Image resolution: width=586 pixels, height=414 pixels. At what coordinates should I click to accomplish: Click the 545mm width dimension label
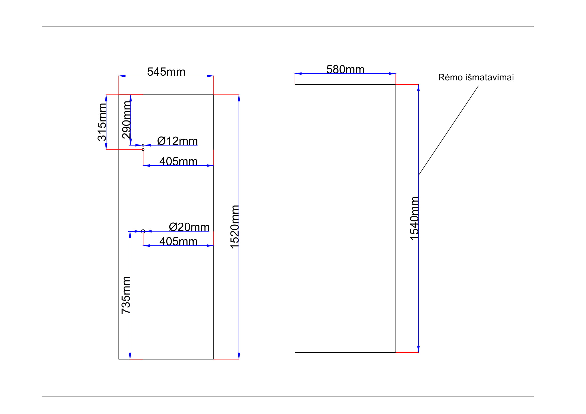tap(166, 72)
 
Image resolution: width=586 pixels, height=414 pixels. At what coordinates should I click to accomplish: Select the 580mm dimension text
tap(345, 69)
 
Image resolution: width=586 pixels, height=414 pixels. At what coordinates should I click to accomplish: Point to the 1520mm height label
tap(235, 227)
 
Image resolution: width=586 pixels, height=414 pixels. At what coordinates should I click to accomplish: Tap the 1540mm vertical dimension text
tap(414, 218)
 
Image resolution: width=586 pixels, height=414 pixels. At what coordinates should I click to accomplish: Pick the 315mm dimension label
tap(102, 122)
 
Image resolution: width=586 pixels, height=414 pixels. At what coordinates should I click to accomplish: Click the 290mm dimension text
tap(126, 120)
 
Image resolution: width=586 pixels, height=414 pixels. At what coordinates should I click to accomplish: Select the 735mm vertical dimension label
tap(126, 295)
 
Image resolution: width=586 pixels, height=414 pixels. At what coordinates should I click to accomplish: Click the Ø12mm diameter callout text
tap(177, 141)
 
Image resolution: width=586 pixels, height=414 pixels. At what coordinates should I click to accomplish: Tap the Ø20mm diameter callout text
tap(189, 227)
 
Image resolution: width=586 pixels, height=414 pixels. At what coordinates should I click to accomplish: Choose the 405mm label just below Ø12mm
tap(178, 162)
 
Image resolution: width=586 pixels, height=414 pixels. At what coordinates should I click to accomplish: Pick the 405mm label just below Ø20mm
tap(178, 242)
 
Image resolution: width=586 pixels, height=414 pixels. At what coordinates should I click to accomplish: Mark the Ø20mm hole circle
tap(143, 231)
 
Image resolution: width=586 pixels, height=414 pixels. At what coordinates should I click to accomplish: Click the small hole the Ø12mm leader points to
tap(143, 146)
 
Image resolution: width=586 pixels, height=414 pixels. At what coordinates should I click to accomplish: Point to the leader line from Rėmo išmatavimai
tap(448, 130)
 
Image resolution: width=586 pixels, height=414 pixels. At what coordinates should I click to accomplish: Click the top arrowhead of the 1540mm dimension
tap(418, 88)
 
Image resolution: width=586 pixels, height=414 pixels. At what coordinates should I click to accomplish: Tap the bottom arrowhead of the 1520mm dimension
tap(239, 356)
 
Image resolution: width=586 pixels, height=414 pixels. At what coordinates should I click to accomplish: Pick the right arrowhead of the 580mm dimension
tap(392, 74)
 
